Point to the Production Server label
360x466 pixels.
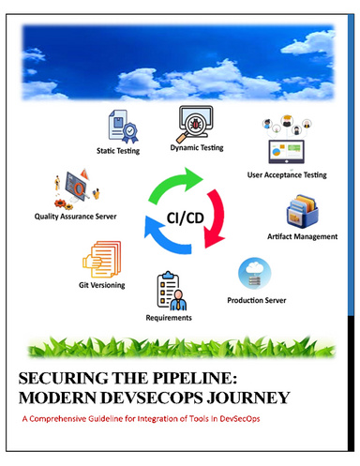tap(258, 300)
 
